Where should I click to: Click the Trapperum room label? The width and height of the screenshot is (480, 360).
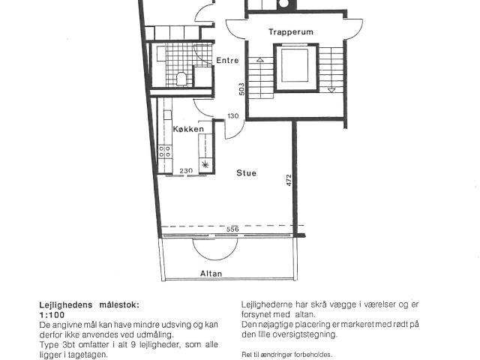(291, 31)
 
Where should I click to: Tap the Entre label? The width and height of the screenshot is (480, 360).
(227, 60)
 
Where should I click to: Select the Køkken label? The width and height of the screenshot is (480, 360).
(188, 129)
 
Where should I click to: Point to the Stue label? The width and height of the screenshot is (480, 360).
(247, 173)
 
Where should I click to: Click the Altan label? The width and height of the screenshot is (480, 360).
(211, 273)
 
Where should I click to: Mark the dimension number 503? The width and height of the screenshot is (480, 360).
(241, 89)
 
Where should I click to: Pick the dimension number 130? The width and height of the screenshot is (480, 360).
(233, 116)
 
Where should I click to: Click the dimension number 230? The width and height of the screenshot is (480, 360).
(186, 171)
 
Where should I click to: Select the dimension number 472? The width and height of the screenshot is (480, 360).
(289, 180)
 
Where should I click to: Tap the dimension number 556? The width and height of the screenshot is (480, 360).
(232, 229)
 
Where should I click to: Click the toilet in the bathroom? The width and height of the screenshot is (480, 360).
(181, 79)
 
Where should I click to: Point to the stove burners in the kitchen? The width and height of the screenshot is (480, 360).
(165, 151)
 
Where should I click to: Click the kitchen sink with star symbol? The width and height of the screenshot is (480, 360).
(205, 165)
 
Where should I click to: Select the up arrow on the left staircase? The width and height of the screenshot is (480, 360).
(260, 60)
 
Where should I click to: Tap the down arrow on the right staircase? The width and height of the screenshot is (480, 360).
(331, 89)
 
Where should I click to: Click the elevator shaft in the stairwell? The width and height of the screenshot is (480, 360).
(295, 67)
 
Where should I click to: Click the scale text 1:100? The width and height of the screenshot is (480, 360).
(52, 315)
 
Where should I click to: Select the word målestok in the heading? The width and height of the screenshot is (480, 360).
(118, 305)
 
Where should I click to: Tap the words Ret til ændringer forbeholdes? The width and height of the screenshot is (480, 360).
(286, 355)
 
